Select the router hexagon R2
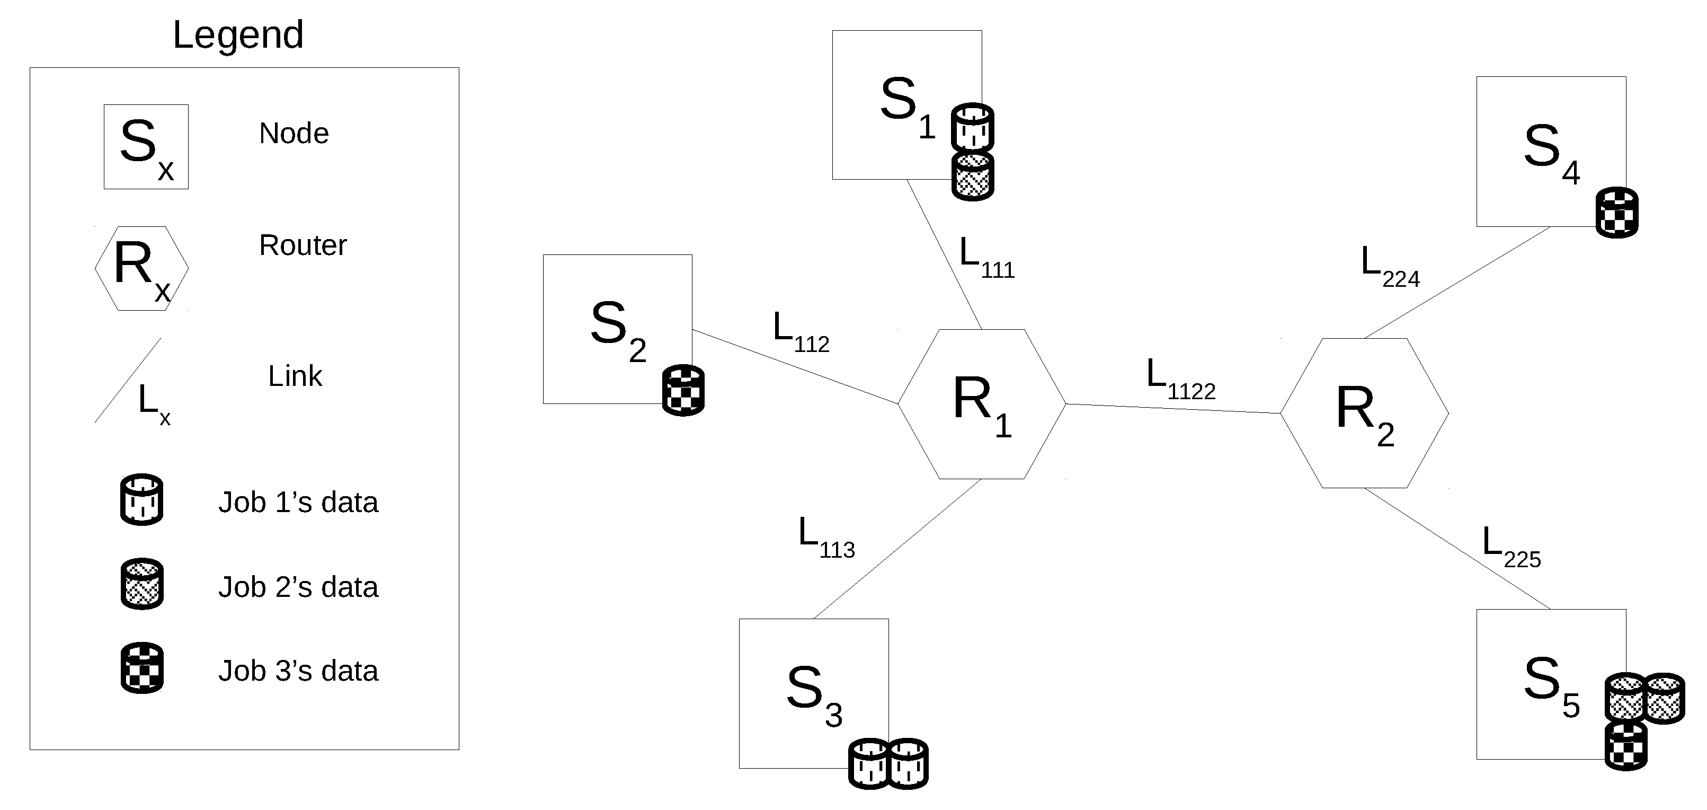[x=1364, y=413]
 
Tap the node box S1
[x=906, y=105]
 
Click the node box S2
[x=617, y=329]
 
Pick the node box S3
[x=813, y=693]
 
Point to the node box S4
[x=1551, y=151]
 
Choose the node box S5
[x=1551, y=684]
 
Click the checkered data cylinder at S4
[x=1617, y=212]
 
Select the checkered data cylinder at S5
[x=1626, y=746]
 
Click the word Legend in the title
[x=238, y=34]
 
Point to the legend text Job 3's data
[x=298, y=671]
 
